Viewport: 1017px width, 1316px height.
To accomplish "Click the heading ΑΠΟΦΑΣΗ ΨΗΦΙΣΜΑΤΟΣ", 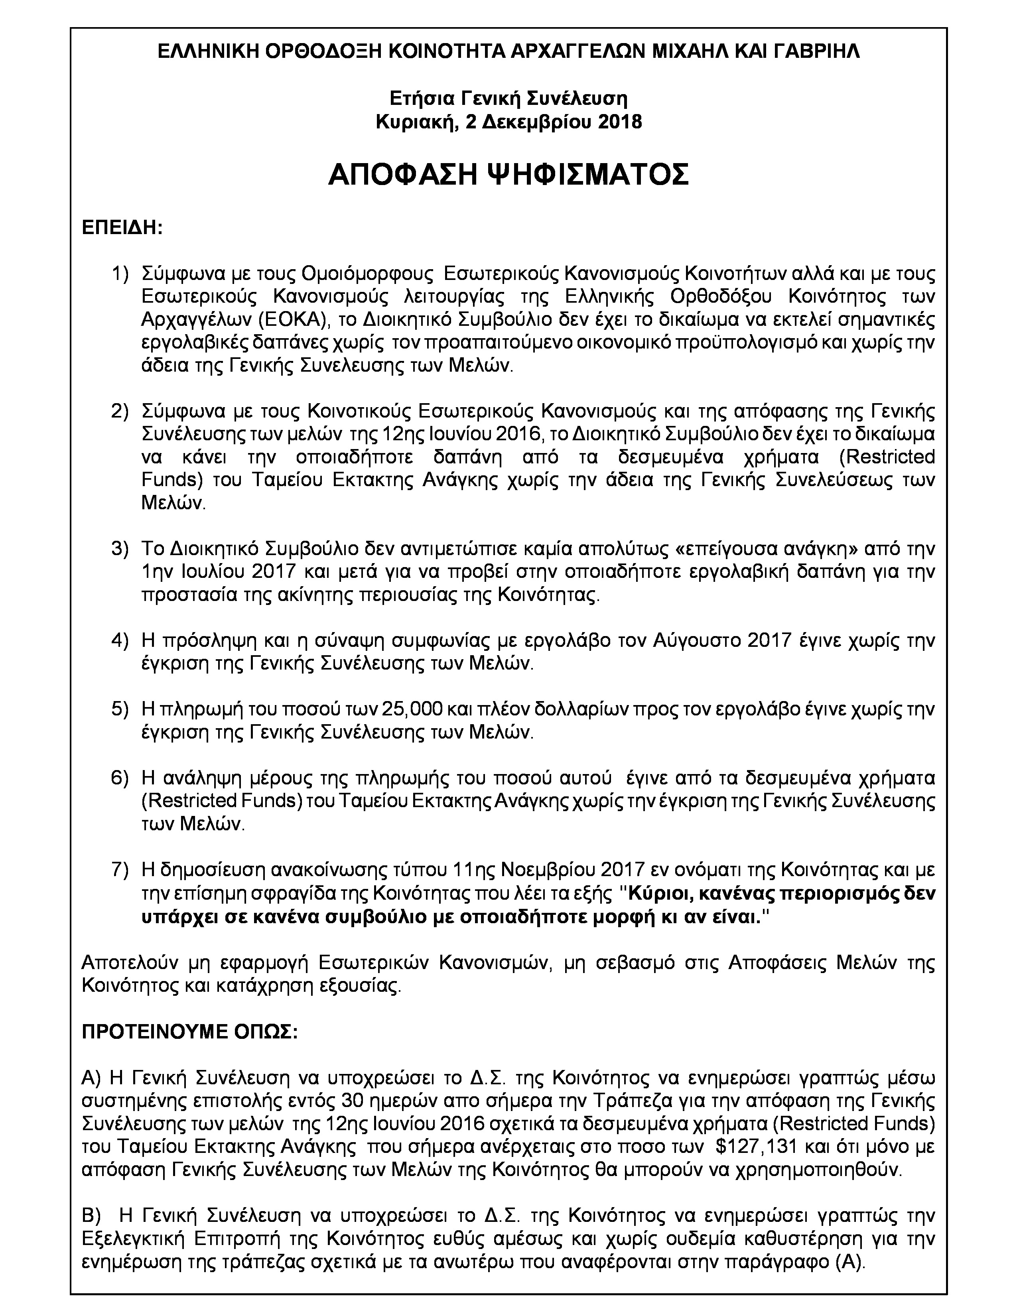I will click(x=508, y=175).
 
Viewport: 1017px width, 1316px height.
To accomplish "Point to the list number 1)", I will click(x=120, y=274).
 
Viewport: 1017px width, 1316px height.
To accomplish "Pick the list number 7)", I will click(x=120, y=869).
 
